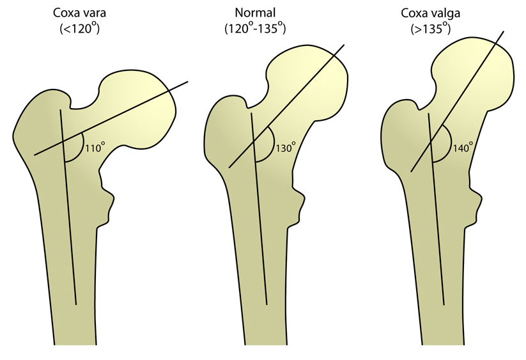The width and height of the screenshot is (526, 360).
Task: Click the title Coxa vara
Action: click(x=79, y=13)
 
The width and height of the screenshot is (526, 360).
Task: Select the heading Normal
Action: click(x=255, y=13)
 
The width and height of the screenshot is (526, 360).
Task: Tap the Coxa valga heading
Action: click(x=430, y=13)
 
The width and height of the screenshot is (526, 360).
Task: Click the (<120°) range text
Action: click(x=79, y=28)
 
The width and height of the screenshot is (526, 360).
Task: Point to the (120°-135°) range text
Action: click(x=255, y=28)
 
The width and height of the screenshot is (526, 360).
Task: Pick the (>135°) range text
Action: click(x=430, y=28)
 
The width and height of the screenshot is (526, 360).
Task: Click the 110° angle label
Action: click(x=95, y=147)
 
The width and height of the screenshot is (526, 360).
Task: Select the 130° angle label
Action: click(x=286, y=147)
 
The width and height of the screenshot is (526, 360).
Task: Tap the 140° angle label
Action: click(x=463, y=147)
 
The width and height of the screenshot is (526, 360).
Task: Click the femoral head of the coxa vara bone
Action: click(x=141, y=107)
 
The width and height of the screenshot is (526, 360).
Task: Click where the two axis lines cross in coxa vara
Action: click(x=63, y=141)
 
